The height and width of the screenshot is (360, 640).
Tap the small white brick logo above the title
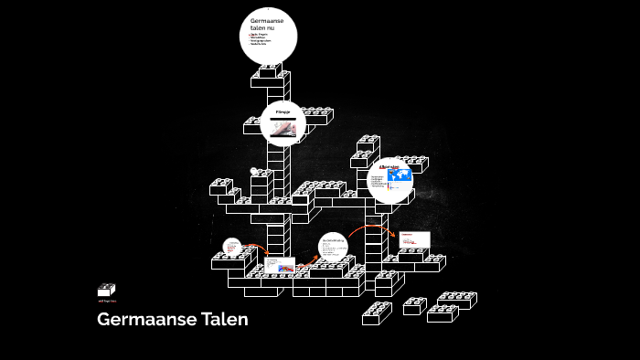106,290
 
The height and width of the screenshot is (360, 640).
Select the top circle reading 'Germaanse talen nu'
269,36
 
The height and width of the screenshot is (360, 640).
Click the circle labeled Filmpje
283,123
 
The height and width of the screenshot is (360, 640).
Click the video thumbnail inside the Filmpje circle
283,129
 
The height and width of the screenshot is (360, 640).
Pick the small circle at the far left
232,248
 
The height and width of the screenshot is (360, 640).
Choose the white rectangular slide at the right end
413,238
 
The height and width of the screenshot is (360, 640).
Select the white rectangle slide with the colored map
278,267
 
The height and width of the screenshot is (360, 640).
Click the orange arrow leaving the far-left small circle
255,249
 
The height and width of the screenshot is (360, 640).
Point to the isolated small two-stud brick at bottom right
414,305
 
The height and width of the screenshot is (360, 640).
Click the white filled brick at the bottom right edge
455,300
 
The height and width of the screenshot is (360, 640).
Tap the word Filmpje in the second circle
283,111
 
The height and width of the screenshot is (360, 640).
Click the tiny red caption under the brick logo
107,300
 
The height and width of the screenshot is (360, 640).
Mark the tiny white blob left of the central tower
255,170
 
